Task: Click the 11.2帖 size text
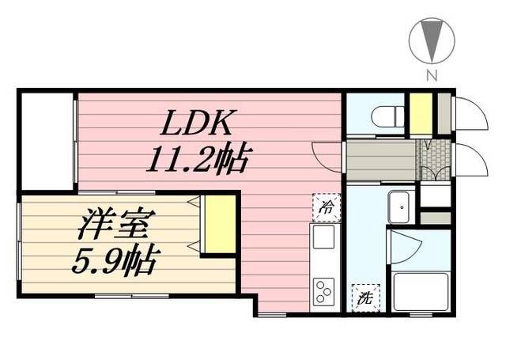tap(197, 161)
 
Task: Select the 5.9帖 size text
tap(112, 259)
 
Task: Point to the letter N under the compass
tap(432, 76)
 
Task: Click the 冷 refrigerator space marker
tap(324, 208)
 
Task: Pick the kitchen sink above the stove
tap(323, 238)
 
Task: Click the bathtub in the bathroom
tap(418, 293)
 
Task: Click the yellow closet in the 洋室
tap(219, 224)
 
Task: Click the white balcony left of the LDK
tap(47, 142)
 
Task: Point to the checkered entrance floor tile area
tap(434, 161)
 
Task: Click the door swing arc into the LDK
tap(325, 154)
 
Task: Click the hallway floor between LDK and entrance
tap(381, 161)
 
